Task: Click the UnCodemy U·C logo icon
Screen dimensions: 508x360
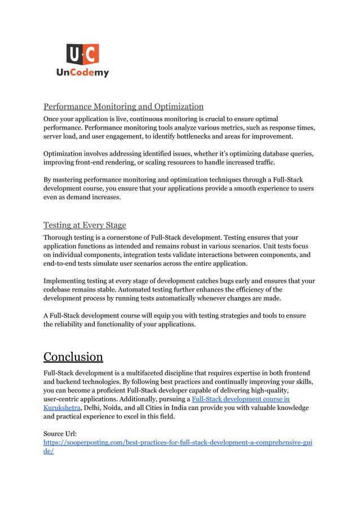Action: point(83,55)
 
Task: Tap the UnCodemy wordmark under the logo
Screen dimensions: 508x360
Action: point(82,73)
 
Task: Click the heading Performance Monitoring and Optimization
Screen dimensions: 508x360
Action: point(124,107)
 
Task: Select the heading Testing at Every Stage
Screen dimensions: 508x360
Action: point(85,225)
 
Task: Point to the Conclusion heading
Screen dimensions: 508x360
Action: point(73,357)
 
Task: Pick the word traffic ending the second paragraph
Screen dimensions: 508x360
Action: point(262,162)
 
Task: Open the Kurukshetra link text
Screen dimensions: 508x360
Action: point(62,408)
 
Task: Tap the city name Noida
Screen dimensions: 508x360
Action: point(118,408)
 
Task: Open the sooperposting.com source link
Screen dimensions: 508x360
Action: point(178,443)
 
